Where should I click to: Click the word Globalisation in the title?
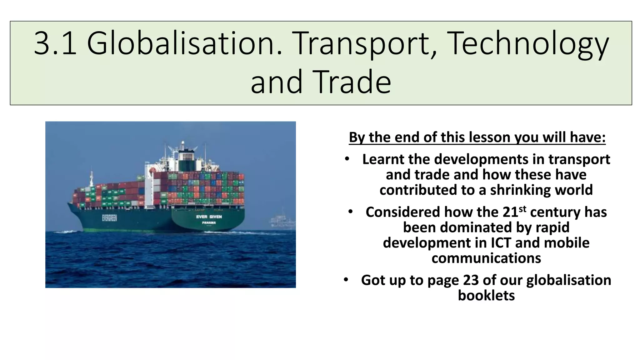pyautogui.click(x=184, y=44)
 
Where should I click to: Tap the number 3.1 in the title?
pyautogui.click(x=55, y=44)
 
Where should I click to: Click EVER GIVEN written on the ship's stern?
pyautogui.click(x=209, y=217)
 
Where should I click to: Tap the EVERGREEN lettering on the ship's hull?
pyautogui.click(x=109, y=218)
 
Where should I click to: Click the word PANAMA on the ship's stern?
pyautogui.click(x=209, y=222)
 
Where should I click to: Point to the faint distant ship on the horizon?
pyautogui.click(x=282, y=220)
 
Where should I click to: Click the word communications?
pyautogui.click(x=486, y=258)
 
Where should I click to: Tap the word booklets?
pyautogui.click(x=486, y=295)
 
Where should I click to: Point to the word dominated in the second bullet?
pyautogui.click(x=476, y=227)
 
